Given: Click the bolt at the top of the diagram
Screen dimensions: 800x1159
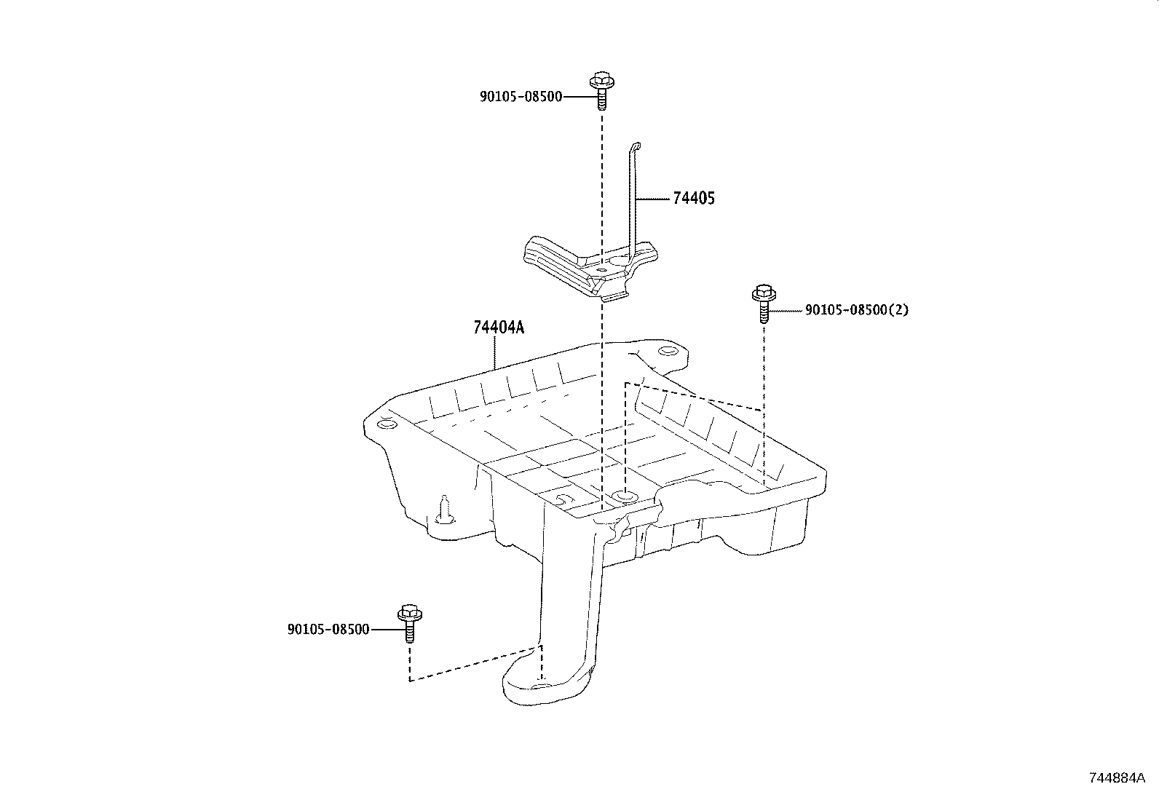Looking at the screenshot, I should [601, 91].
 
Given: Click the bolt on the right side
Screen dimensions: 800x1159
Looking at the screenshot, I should [763, 303].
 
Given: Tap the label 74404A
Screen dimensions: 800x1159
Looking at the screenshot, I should [498, 328].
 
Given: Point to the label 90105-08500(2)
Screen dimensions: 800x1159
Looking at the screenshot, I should [857, 310].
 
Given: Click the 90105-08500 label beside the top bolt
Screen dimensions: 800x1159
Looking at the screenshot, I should [521, 96].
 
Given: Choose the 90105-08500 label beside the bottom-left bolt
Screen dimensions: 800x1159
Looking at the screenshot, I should [328, 630].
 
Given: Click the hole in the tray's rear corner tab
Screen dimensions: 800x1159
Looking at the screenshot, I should [665, 352].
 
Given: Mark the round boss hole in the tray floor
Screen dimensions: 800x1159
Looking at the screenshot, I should [625, 496].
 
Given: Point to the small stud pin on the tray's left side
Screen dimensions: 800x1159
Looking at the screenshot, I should [444, 510].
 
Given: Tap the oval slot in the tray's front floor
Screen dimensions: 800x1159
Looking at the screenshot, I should [562, 500].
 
